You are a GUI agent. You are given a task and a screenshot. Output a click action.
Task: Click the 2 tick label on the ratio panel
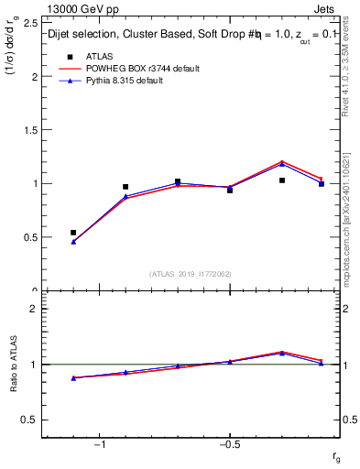click(32, 309)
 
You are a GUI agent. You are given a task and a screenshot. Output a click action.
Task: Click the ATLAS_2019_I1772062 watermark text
click(191, 273)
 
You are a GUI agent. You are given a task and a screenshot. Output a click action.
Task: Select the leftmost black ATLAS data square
click(73, 233)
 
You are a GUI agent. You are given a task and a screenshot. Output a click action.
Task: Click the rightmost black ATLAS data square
click(322, 184)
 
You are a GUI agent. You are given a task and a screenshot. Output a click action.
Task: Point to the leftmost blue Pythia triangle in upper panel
click(73, 242)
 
